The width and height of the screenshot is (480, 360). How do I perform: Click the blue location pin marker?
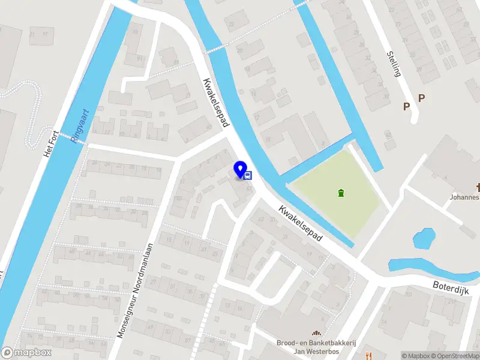pos(241,169)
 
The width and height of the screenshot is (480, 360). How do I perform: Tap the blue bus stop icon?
pos(248,175)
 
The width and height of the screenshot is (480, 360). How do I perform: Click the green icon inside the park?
pos(341,193)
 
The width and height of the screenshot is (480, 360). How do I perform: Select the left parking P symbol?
pos(406,106)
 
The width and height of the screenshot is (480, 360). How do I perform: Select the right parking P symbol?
pos(421,98)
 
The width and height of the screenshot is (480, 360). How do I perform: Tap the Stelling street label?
pos(394,64)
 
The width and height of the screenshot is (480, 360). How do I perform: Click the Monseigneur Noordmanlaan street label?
pos(137,290)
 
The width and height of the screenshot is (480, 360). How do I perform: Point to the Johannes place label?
pos(464,197)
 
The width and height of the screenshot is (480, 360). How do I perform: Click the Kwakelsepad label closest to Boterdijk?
pos(301,223)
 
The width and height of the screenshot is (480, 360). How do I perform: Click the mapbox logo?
pos(26,353)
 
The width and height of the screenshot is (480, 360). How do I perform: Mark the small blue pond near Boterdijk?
pos(424,238)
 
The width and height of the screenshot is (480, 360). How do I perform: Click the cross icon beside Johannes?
pos(478,187)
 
